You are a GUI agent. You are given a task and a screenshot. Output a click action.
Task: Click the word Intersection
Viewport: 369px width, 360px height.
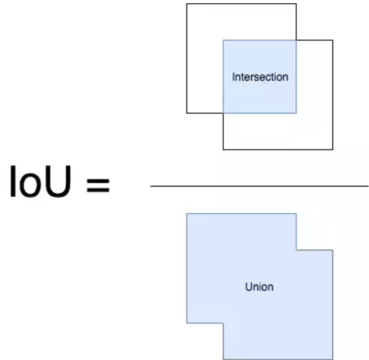pyautogui.click(x=260, y=77)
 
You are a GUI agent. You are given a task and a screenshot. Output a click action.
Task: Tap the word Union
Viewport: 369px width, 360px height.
pyautogui.click(x=259, y=287)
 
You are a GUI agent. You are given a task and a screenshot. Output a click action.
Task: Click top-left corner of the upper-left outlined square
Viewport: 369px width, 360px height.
pyautogui.click(x=187, y=4)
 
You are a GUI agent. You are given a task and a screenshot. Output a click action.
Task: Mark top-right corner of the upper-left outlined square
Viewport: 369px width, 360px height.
pyautogui.click(x=297, y=4)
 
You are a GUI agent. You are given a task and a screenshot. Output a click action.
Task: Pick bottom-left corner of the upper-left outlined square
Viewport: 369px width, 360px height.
pyautogui.click(x=187, y=113)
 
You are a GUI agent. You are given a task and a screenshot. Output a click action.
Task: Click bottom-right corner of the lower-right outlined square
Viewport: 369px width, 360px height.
pyautogui.click(x=333, y=149)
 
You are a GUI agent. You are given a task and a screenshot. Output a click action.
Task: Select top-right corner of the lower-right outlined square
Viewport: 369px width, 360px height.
pyautogui.click(x=333, y=40)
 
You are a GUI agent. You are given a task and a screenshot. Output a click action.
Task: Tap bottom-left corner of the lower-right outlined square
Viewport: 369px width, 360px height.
pyautogui.click(x=223, y=149)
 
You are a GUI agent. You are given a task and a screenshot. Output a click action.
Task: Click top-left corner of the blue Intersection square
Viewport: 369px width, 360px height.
pyautogui.click(x=223, y=40)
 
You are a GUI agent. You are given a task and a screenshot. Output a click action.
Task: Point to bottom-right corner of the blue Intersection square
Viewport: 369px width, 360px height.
pyautogui.click(x=297, y=113)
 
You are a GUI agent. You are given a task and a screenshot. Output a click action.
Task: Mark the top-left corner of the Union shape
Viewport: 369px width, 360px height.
pyautogui.click(x=187, y=213)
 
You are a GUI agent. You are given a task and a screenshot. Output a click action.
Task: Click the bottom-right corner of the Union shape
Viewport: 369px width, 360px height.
pyautogui.click(x=333, y=359)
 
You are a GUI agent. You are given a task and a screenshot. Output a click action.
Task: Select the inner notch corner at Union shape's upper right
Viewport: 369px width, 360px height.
pyautogui.click(x=297, y=250)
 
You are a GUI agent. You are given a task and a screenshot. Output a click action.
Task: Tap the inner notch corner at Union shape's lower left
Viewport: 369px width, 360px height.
pyautogui.click(x=223, y=323)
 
